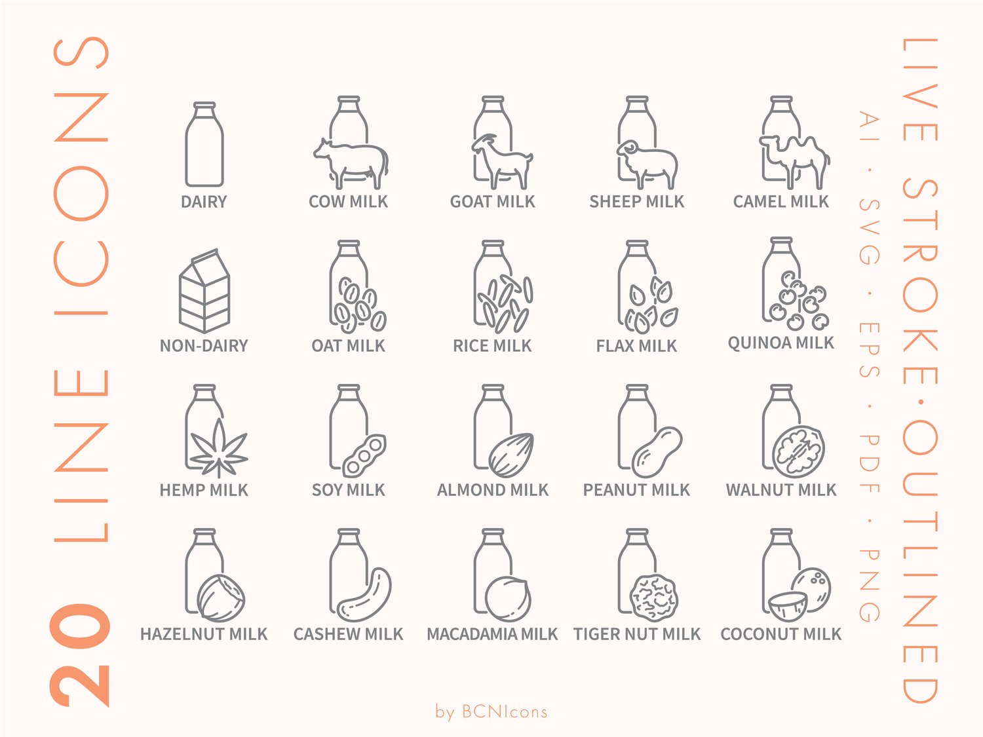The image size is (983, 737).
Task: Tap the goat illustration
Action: [502, 162]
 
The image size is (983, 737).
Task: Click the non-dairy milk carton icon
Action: [204, 291]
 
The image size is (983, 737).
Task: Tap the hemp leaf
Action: [218, 448]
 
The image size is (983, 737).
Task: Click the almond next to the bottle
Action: [511, 455]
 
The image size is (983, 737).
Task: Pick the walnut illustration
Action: [798, 452]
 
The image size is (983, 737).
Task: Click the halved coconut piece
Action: [788, 607]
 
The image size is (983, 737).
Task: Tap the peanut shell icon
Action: [657, 453]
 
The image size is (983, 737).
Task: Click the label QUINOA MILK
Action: [781, 343]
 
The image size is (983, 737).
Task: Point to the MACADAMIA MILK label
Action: [492, 634]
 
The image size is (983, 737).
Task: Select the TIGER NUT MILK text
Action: [637, 634]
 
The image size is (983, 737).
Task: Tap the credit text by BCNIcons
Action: [491, 711]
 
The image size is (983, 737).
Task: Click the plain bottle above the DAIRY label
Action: [204, 144]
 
